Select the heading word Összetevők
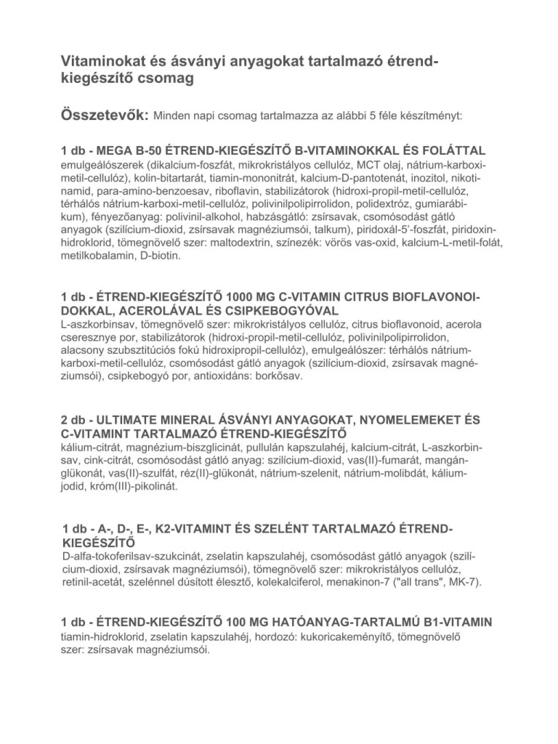coord(104,115)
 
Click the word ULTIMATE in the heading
coord(132,421)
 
